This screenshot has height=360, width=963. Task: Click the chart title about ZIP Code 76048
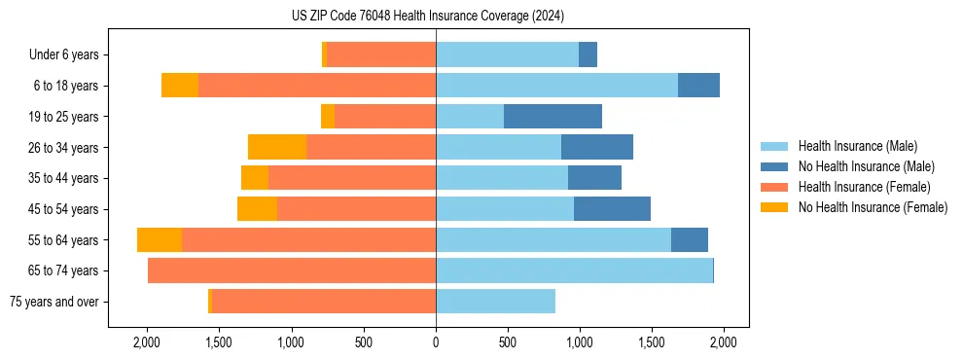coord(427,16)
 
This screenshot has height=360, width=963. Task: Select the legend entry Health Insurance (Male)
coord(857,146)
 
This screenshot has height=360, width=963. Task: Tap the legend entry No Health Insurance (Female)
coord(873,207)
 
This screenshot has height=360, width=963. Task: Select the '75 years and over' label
coord(53,302)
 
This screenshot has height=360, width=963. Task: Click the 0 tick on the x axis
coord(436,342)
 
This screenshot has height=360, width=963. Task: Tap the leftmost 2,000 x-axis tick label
coord(147,342)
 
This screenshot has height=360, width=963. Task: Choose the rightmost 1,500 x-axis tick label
coord(652,342)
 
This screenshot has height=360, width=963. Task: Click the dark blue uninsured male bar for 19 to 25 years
coord(553,117)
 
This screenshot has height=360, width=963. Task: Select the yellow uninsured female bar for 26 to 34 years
coord(277,147)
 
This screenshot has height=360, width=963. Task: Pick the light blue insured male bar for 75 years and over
coord(495,302)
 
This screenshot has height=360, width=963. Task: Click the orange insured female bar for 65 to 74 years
coord(292,270)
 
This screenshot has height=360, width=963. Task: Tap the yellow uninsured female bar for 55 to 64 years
coord(160,240)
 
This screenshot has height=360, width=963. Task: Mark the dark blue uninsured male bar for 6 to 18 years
coord(698,86)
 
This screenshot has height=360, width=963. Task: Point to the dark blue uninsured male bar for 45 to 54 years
coord(612,209)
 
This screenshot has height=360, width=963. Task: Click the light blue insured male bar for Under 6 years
coord(507,55)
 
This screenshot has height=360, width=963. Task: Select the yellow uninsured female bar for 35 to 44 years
coord(255,178)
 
